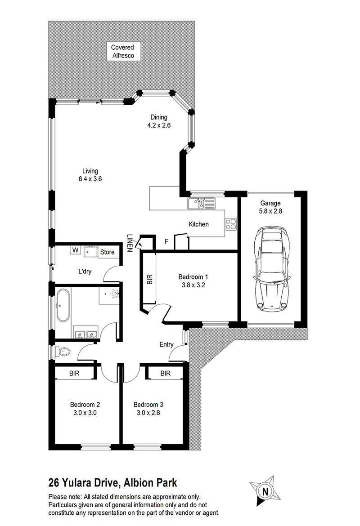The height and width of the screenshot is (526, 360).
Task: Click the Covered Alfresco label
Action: pyautogui.click(x=123, y=52)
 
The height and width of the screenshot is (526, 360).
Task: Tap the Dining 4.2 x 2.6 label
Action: pyautogui.click(x=159, y=121)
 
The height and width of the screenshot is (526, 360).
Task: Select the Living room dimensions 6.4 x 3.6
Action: pyautogui.click(x=90, y=179)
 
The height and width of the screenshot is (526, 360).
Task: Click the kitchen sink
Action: pyautogui.click(x=201, y=203)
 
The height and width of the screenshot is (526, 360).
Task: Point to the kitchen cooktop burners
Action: pyautogui.click(x=231, y=224)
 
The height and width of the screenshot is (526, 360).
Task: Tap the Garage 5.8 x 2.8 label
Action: pyautogui.click(x=270, y=207)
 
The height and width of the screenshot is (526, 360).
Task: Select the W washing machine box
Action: pyautogui.click(x=75, y=250)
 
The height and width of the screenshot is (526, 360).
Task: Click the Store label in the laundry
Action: pyautogui.click(x=107, y=252)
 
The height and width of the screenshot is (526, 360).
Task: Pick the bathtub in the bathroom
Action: pyautogui.click(x=63, y=306)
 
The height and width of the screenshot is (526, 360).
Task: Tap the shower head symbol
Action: pyautogui.click(x=114, y=294)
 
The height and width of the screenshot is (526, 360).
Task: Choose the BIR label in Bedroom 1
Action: pyautogui.click(x=150, y=280)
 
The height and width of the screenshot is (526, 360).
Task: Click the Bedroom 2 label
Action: pyautogui.click(x=85, y=405)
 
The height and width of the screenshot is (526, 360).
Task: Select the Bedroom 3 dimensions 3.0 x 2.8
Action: pyautogui.click(x=148, y=413)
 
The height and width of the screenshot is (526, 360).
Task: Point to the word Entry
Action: pyautogui.click(x=166, y=344)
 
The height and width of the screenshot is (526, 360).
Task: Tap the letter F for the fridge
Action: pyautogui.click(x=166, y=241)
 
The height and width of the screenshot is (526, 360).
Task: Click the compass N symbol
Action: pyautogui.click(x=265, y=492)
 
